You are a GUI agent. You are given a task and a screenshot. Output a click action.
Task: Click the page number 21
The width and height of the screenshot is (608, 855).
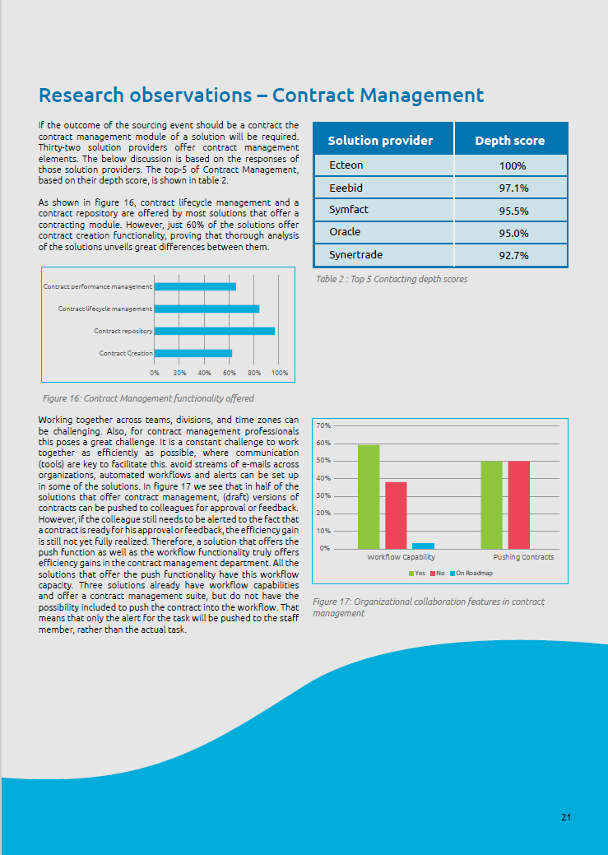(x=566, y=817)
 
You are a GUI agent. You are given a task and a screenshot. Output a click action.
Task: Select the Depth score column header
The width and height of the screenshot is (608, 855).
(x=509, y=140)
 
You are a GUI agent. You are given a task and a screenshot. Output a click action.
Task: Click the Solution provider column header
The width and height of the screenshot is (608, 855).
(x=380, y=140)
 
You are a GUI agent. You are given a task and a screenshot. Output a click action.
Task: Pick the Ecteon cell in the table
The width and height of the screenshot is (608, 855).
(x=346, y=165)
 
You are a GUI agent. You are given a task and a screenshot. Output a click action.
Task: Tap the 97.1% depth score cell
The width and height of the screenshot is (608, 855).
(x=513, y=188)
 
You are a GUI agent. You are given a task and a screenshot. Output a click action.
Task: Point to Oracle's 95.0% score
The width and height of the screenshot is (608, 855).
(x=513, y=233)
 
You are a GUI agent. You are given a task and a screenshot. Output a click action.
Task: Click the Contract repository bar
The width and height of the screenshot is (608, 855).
(x=214, y=331)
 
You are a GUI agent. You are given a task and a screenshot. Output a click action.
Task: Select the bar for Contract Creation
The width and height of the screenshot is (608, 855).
(x=193, y=353)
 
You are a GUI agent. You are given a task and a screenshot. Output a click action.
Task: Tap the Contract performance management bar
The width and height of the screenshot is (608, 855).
(x=195, y=286)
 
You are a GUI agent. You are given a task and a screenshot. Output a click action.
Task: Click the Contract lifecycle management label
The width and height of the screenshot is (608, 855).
(x=104, y=309)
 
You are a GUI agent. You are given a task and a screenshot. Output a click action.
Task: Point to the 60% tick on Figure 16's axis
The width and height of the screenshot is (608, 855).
(x=229, y=373)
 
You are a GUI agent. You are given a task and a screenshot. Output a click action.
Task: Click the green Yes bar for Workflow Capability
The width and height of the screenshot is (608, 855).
(x=369, y=496)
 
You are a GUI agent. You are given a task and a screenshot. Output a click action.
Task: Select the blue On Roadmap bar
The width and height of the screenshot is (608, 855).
(x=423, y=546)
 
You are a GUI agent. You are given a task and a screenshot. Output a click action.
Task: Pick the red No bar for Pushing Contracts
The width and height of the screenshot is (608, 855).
(x=518, y=504)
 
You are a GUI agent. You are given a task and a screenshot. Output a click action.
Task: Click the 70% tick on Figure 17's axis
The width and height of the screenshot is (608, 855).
(x=323, y=425)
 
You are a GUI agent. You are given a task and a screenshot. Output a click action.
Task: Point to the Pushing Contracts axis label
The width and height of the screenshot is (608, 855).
(x=523, y=557)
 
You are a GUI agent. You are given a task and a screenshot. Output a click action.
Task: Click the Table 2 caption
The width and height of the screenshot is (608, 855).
(x=392, y=280)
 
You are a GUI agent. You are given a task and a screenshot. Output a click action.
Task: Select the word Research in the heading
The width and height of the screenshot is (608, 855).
(x=80, y=95)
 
